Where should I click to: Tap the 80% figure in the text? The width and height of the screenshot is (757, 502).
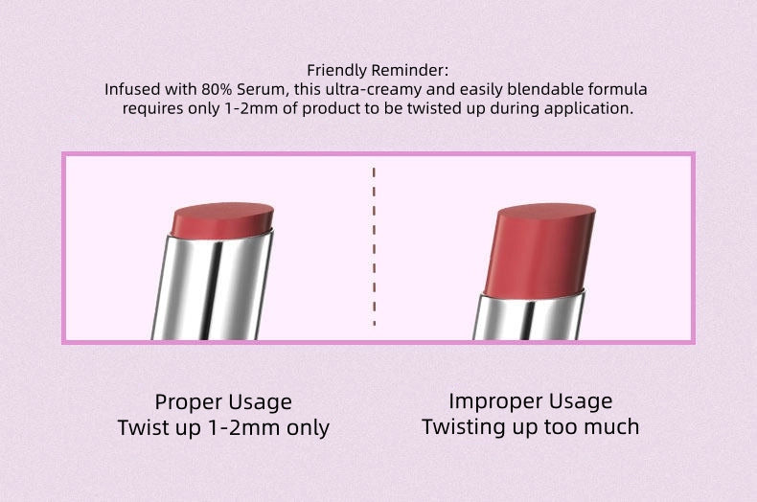point(217,89)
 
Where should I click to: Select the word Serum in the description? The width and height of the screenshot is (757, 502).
point(260,90)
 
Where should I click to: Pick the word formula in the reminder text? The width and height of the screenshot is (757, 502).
point(617,89)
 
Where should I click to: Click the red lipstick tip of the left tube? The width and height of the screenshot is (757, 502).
point(221,220)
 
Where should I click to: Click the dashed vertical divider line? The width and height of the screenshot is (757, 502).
point(374,246)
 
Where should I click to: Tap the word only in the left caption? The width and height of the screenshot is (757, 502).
point(308,427)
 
